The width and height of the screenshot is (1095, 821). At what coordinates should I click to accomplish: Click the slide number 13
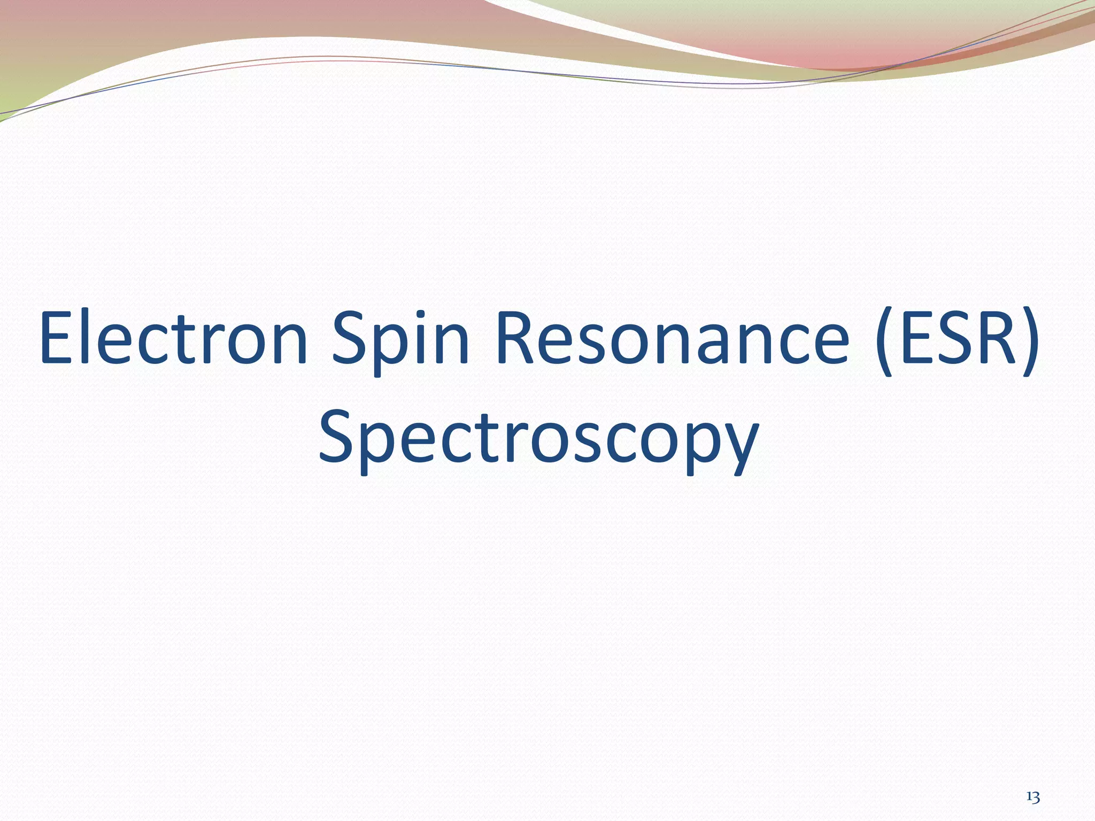tap(1033, 783)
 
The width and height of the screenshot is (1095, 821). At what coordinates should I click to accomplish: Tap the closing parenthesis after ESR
tap(1031, 342)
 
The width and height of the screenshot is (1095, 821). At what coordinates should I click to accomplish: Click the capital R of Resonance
tap(515, 338)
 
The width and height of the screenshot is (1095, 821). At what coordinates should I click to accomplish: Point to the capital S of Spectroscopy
tap(337, 435)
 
